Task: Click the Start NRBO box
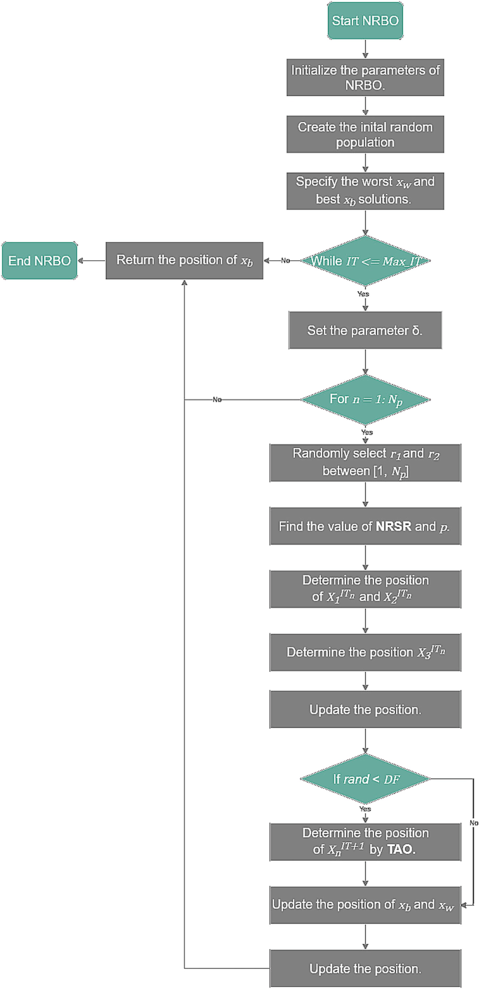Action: (365, 21)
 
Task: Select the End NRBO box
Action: (39, 260)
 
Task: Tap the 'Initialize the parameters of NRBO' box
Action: (365, 77)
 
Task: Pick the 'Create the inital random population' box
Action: (365, 134)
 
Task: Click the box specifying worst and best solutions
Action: (365, 191)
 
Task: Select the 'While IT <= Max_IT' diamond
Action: (365, 261)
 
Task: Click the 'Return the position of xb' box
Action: (184, 260)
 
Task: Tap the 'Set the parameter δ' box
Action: (365, 330)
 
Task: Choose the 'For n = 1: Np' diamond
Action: (365, 400)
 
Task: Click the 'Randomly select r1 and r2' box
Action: (365, 463)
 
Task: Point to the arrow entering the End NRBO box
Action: (92, 260)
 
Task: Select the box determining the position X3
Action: (365, 652)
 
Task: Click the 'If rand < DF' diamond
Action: (365, 779)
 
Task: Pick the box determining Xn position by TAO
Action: (365, 842)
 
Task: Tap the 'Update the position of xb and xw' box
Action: (365, 905)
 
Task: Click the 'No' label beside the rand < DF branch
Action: (474, 822)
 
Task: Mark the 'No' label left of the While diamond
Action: (285, 260)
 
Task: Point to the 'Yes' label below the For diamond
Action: (367, 433)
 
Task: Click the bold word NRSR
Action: (393, 526)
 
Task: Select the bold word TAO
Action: (402, 849)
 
